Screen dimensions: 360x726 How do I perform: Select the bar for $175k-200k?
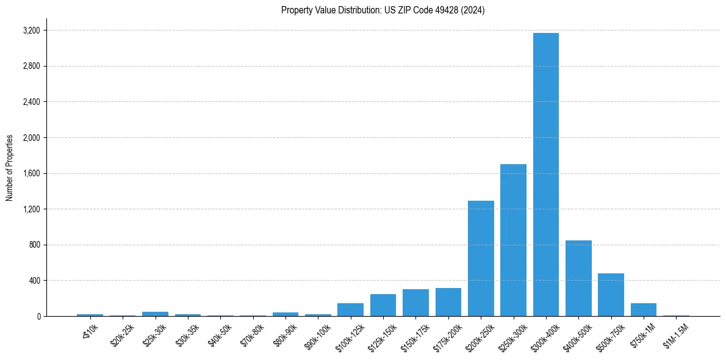[448, 302]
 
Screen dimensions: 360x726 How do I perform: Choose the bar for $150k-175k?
[415, 303]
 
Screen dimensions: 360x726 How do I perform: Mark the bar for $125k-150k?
[383, 305]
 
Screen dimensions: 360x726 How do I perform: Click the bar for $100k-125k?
[350, 310]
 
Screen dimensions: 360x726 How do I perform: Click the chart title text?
[383, 10]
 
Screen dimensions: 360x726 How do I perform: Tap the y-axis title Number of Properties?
[10, 167]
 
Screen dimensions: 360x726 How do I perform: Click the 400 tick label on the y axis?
[34, 281]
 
